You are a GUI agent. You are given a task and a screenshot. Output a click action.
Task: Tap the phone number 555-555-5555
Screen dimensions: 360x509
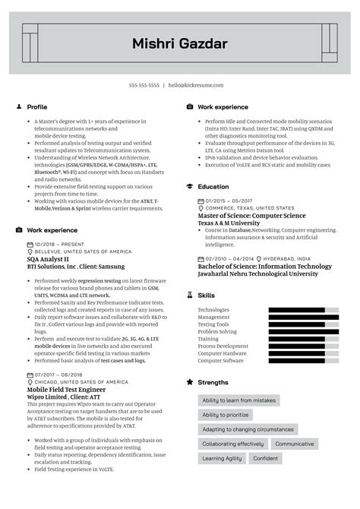pos(144,85)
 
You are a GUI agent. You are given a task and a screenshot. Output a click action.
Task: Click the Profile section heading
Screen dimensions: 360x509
pos(36,107)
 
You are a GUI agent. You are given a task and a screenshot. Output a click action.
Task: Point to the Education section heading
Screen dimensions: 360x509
pos(213,186)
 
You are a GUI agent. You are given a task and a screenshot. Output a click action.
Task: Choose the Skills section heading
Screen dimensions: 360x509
pos(206,295)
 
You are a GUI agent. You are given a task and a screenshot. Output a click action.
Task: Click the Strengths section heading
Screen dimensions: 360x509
pos(213,382)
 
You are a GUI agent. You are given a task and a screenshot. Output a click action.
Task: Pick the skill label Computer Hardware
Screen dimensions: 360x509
pos(222,353)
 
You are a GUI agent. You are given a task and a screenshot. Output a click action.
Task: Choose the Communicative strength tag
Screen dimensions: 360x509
pos(295,444)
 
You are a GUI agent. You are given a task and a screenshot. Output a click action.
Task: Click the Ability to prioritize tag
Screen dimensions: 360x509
pos(226,415)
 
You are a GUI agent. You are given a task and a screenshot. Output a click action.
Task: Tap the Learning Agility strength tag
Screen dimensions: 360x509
pos(222,459)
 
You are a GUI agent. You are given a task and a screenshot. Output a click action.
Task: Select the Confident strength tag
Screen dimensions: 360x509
pos(266,459)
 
